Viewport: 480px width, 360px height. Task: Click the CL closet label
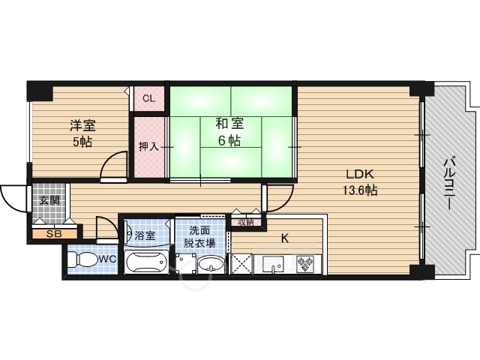tap(148, 98)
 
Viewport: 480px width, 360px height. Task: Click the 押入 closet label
tap(148, 145)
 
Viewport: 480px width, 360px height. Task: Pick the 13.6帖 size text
tap(359, 190)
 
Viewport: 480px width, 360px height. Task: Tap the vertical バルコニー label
tap(450, 182)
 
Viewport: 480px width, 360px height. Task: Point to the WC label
tap(106, 259)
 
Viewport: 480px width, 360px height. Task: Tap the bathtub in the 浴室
tap(148, 263)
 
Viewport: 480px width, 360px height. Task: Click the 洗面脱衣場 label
tap(200, 237)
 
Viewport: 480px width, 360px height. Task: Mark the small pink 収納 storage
tap(244, 221)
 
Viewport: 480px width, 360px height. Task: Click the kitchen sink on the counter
tap(271, 264)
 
